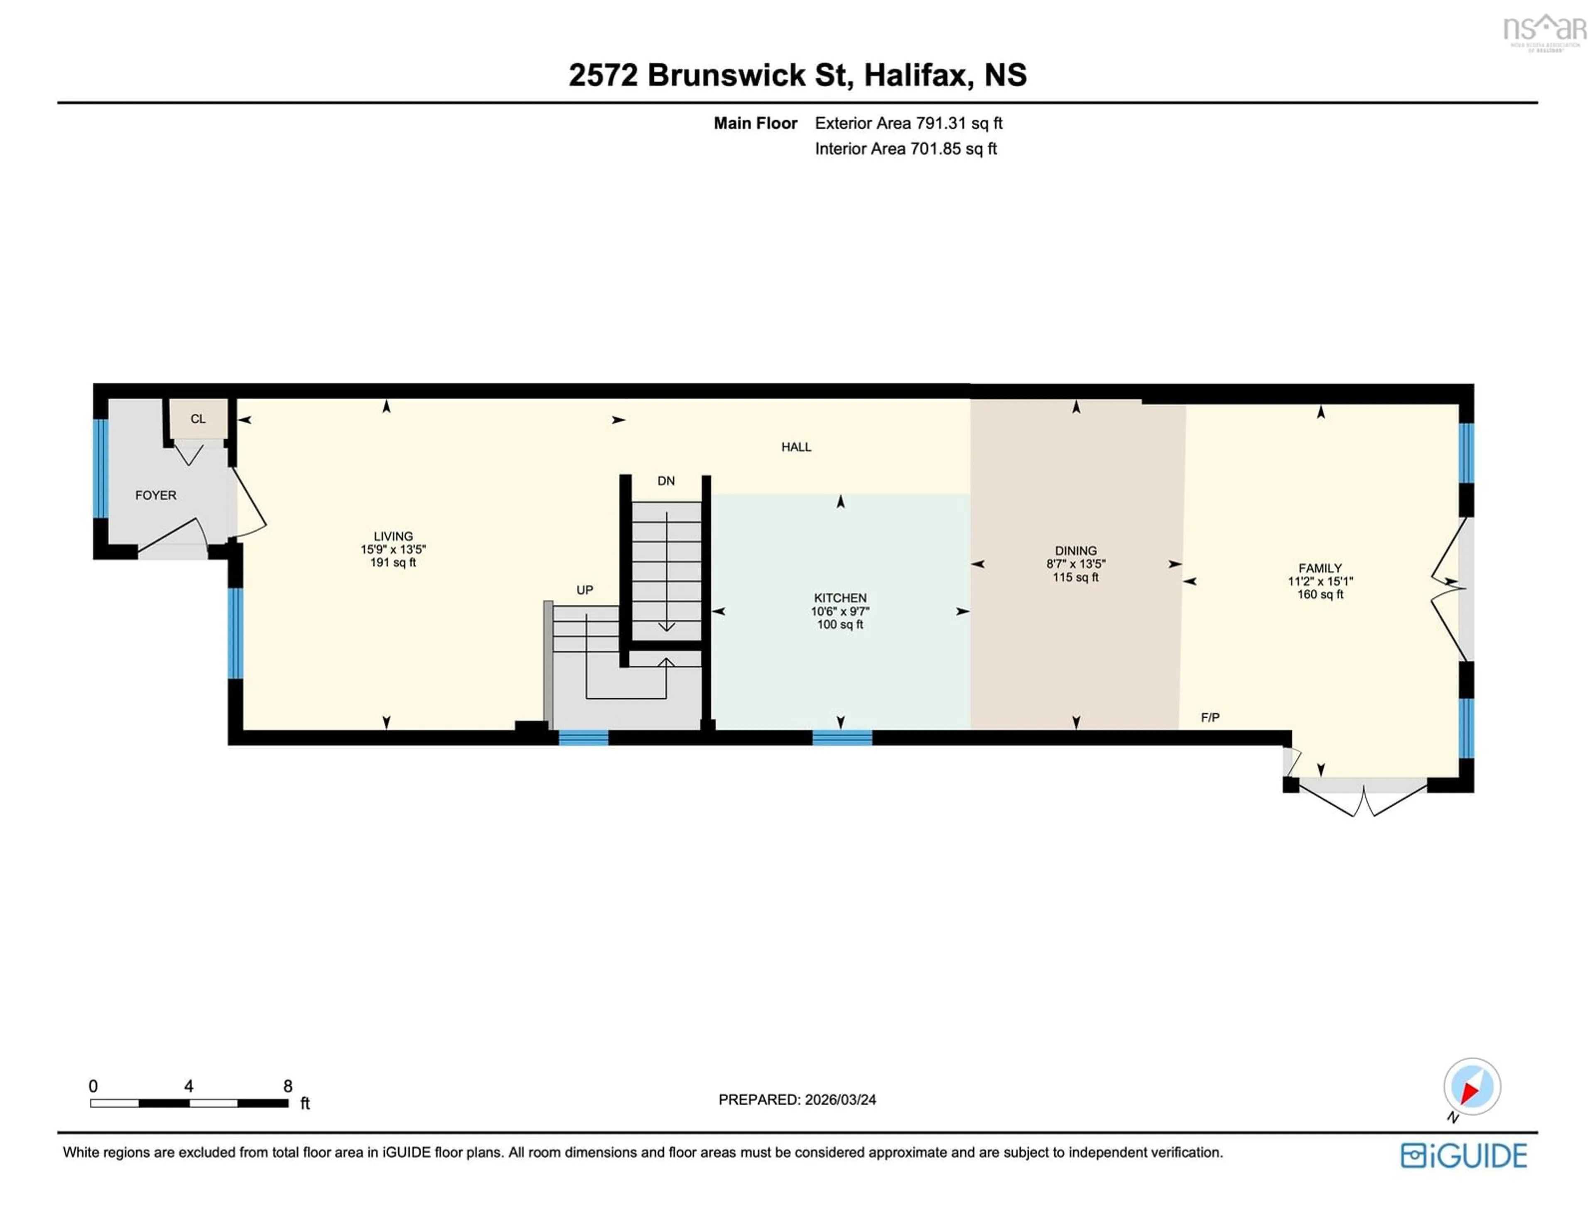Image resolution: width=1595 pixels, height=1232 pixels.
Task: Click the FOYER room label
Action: point(156,495)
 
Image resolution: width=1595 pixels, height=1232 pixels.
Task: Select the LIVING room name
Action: point(393,536)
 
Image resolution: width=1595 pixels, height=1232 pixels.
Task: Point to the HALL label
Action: point(796,447)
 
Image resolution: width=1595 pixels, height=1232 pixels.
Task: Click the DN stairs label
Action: point(666,481)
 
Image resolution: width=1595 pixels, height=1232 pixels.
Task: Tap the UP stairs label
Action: point(585,590)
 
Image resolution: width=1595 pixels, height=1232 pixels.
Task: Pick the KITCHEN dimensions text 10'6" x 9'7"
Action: point(840,611)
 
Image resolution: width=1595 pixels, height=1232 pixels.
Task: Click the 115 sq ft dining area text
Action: point(1076,577)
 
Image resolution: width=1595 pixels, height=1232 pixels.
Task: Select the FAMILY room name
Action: point(1320,568)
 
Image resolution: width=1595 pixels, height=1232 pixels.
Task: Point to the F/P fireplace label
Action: point(1210,718)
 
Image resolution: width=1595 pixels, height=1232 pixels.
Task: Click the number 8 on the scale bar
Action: point(288,1086)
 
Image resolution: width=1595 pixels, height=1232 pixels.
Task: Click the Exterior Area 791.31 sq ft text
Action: point(908,123)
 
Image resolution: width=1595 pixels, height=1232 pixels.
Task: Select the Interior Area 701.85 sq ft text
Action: point(905,149)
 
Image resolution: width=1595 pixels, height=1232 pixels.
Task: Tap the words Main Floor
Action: point(755,123)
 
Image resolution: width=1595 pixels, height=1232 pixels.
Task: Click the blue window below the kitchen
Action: point(842,738)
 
